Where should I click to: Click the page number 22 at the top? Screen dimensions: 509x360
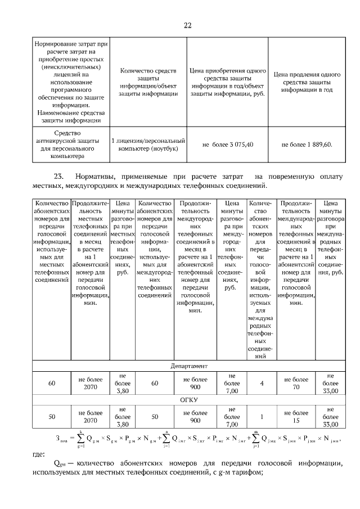(188, 25)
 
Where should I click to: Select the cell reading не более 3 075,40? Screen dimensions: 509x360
(228, 145)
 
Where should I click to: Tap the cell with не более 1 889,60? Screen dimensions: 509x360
(307, 145)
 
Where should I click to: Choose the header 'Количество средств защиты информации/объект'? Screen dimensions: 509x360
(148, 82)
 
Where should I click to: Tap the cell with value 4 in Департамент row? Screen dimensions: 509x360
(262, 383)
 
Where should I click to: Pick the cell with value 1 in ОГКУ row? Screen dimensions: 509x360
(262, 417)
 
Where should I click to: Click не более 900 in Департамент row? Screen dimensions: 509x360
(195, 383)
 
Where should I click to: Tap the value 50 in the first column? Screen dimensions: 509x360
(52, 417)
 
